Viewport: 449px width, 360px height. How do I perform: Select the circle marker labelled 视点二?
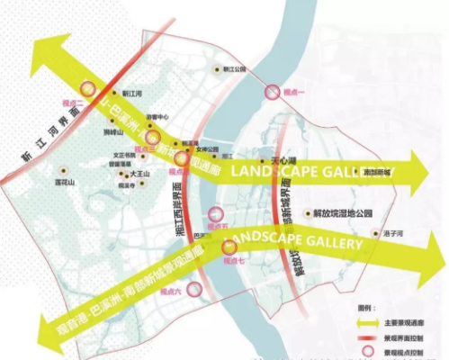point(87,88)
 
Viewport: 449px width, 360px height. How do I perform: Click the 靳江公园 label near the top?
point(232,69)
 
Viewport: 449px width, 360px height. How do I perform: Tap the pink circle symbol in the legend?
point(364,345)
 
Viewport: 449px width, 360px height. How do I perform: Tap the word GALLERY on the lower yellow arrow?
point(335,243)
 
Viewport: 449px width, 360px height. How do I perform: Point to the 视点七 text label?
point(235,260)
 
